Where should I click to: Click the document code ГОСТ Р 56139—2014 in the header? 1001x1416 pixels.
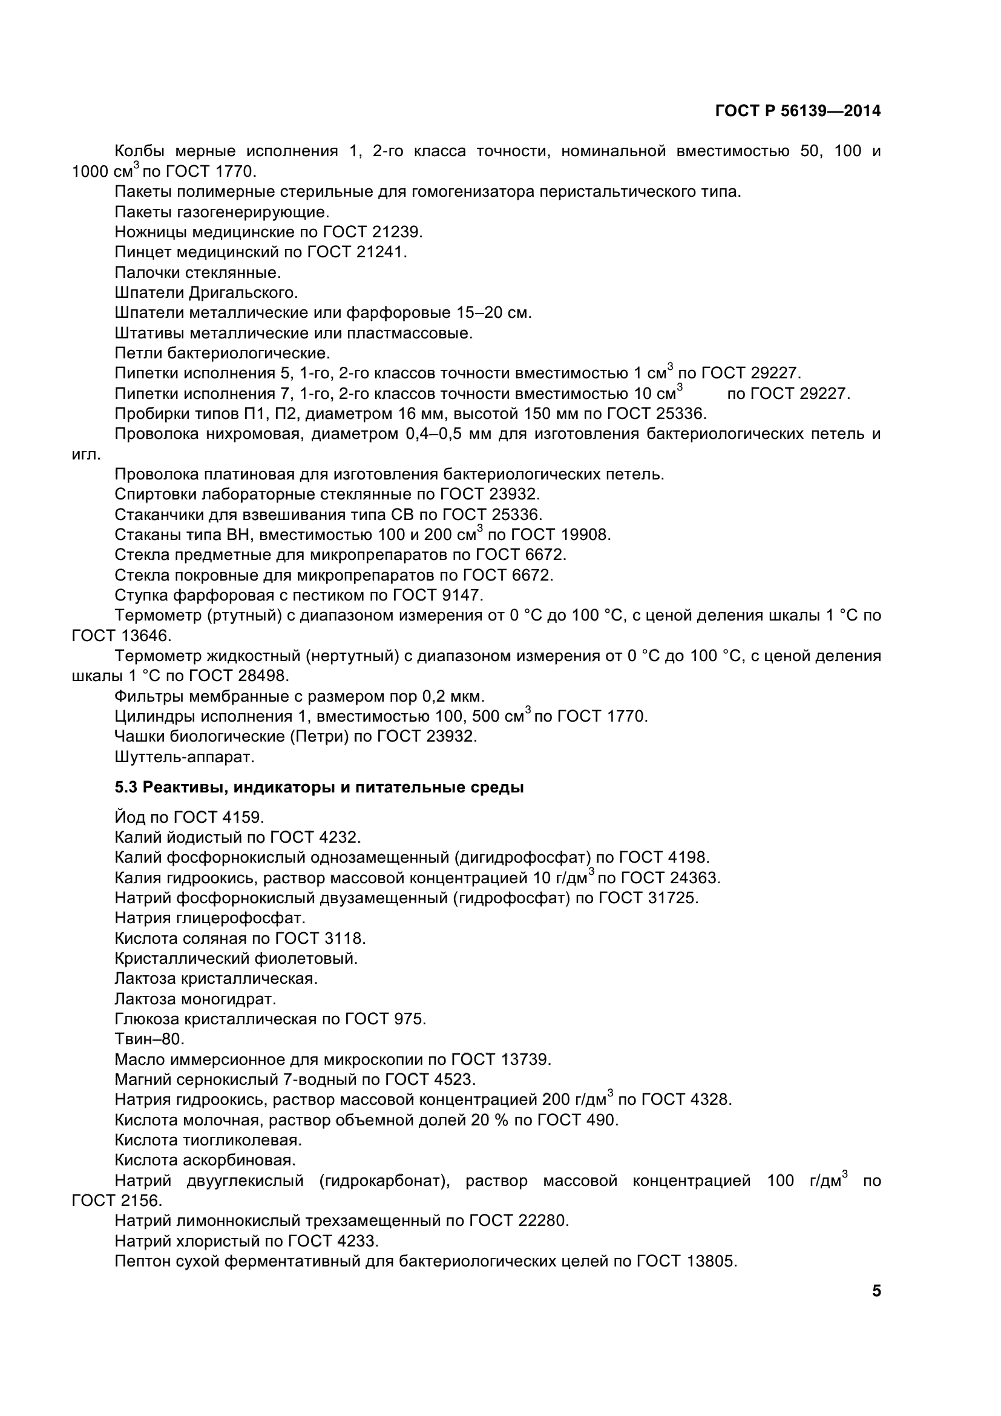[x=798, y=111]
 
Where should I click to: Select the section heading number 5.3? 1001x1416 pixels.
[x=127, y=788]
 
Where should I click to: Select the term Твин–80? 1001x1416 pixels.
[x=149, y=1040]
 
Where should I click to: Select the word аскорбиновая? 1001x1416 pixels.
[x=239, y=1161]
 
